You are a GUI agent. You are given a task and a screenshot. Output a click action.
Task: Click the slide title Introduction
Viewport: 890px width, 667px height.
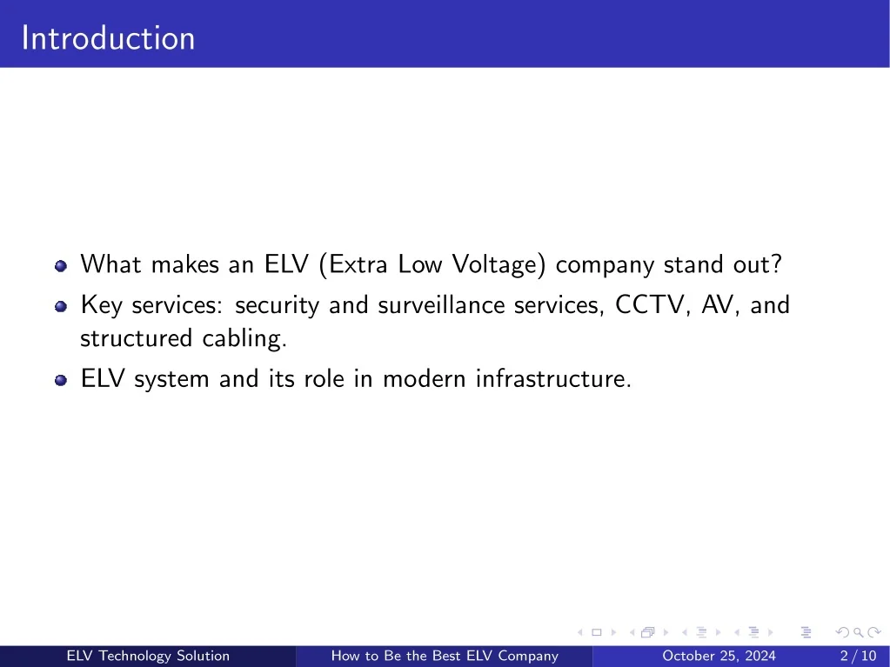pos(108,38)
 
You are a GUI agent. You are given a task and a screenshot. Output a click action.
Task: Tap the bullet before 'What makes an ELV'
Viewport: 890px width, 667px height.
pos(59,265)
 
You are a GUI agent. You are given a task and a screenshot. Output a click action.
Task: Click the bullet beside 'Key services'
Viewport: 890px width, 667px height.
pos(59,306)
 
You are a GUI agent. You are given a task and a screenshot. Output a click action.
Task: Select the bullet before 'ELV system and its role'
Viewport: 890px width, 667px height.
pos(59,380)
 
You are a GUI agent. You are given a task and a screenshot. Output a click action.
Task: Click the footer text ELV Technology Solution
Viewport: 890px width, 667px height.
pos(148,656)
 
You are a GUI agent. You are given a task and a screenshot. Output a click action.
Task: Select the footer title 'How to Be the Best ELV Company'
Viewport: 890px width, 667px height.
pos(444,656)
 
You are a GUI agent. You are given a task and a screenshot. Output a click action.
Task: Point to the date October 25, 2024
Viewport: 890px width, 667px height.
pos(719,656)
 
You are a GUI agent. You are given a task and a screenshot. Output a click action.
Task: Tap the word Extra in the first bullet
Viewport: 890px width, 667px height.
pos(357,264)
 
